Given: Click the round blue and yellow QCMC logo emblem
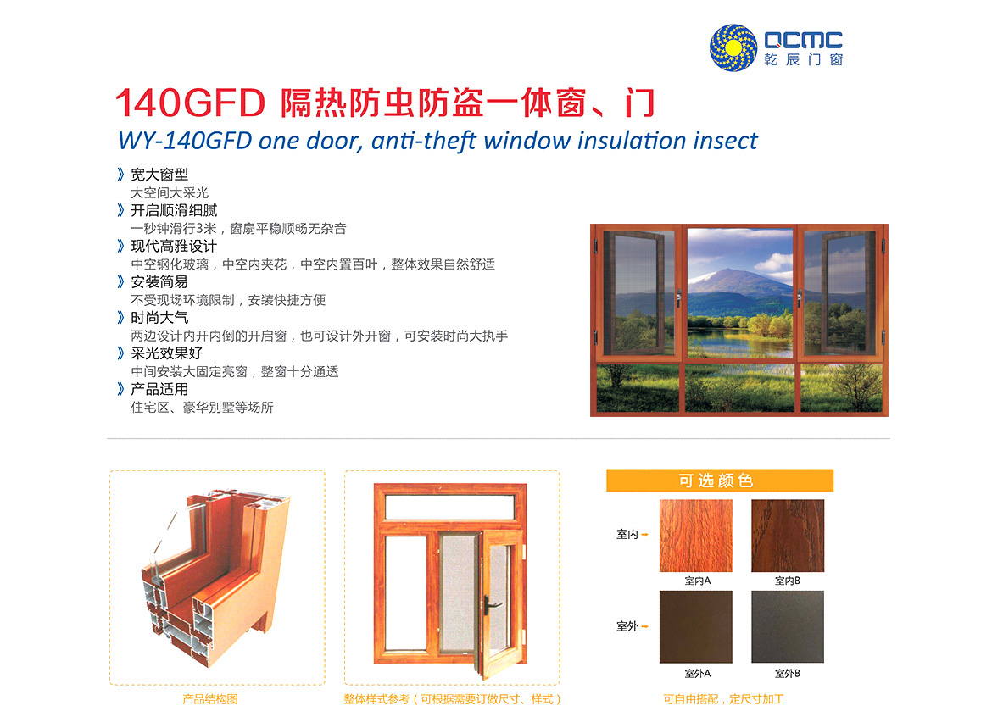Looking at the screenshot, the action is (x=733, y=47).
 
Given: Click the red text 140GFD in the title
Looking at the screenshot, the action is (x=190, y=103).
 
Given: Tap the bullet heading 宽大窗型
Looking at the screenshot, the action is (x=159, y=174).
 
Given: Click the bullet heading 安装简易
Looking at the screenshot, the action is (x=159, y=281).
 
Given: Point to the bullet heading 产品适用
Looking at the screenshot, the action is (x=159, y=389).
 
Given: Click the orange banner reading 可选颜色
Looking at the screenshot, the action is (x=719, y=480).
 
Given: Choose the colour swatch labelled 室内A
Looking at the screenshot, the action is (x=695, y=536).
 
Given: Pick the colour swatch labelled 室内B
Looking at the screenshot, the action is (x=788, y=536).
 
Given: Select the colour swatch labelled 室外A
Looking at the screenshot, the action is (x=695, y=627).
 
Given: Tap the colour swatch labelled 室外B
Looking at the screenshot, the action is (x=788, y=627).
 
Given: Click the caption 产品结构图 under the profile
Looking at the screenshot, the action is (x=210, y=699).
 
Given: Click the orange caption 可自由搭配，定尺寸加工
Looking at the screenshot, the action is (x=724, y=699).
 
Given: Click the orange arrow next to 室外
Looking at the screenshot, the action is (x=644, y=627).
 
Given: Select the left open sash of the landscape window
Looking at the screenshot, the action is (x=633, y=292).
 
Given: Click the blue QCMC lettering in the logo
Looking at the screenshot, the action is (x=804, y=40).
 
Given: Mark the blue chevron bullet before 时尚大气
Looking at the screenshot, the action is (x=121, y=318).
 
